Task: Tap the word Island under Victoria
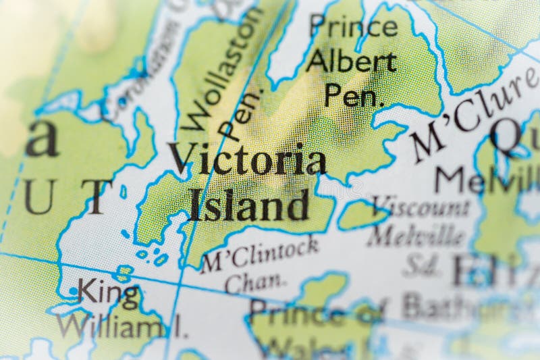point(249,205)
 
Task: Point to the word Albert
point(350,62)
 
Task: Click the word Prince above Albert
point(353,27)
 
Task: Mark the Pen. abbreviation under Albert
point(354,96)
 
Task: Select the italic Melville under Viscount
point(416,236)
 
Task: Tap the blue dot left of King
point(72,291)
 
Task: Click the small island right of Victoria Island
point(362,214)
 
